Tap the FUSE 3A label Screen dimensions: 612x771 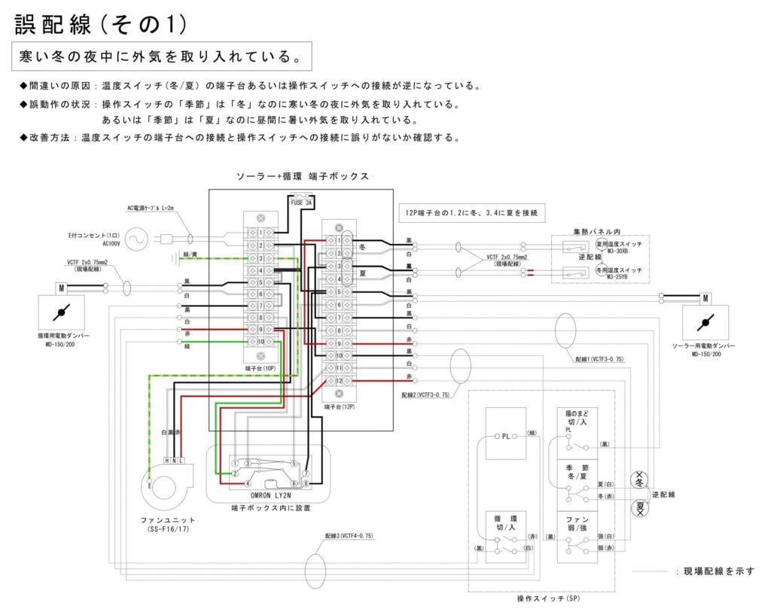(x=301, y=202)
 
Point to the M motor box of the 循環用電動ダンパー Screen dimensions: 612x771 (x=60, y=288)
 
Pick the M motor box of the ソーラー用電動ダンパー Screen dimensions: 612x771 (x=705, y=298)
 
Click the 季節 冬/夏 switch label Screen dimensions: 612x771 (x=577, y=473)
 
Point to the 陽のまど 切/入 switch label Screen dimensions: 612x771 (x=577, y=418)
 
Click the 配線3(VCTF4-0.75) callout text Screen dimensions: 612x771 (x=349, y=536)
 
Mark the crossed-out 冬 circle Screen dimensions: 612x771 (x=640, y=477)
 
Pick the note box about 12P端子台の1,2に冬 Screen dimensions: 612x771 (x=471, y=212)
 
